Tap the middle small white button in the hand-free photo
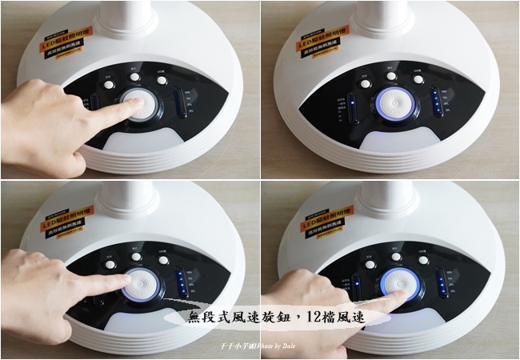click(x=391, y=77)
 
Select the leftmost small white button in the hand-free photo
click(x=366, y=82)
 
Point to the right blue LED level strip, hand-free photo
click(x=437, y=102)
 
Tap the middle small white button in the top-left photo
click(x=134, y=78)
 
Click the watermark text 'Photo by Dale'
click(x=276, y=346)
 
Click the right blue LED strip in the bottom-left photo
click(x=183, y=282)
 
